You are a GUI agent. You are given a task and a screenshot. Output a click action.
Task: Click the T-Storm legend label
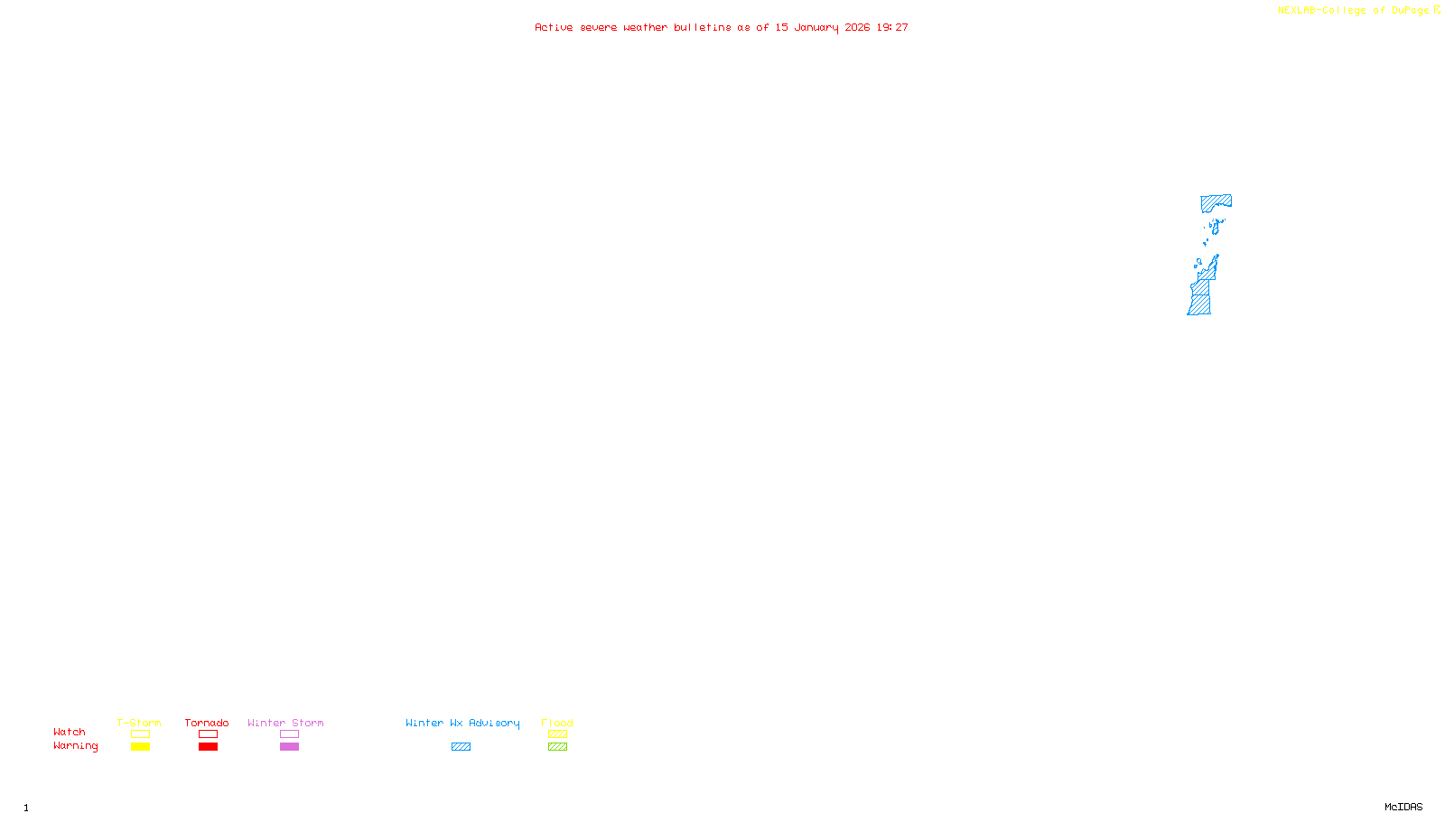pyautogui.click(x=139, y=723)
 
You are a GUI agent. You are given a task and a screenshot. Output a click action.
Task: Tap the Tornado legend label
pyautogui.click(x=207, y=723)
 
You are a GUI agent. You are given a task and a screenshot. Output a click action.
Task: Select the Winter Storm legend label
pyautogui.click(x=285, y=723)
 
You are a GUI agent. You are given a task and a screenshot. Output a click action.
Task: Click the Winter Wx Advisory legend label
pyautogui.click(x=462, y=723)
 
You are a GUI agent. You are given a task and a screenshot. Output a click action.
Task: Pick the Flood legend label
pyautogui.click(x=557, y=723)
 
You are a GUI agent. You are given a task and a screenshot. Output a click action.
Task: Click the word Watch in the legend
pyautogui.click(x=70, y=732)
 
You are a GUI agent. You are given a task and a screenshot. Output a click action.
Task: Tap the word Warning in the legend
pyautogui.click(x=75, y=746)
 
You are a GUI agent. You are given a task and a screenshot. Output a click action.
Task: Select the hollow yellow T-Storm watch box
pyautogui.click(x=140, y=734)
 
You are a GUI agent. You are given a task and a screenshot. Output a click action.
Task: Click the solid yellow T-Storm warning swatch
pyautogui.click(x=140, y=747)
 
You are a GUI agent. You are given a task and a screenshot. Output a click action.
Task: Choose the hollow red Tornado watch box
pyautogui.click(x=208, y=734)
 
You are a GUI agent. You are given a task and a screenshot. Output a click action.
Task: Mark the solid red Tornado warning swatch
pyautogui.click(x=208, y=747)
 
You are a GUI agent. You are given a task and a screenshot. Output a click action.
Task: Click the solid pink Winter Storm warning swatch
pyautogui.click(x=289, y=747)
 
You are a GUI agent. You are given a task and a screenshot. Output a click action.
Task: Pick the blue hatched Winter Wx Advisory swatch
pyautogui.click(x=461, y=747)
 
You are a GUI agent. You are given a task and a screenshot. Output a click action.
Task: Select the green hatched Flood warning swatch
pyautogui.click(x=557, y=747)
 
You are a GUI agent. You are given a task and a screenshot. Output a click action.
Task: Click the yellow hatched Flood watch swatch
pyautogui.click(x=557, y=734)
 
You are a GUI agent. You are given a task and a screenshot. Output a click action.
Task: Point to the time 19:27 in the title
pyautogui.click(x=892, y=28)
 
